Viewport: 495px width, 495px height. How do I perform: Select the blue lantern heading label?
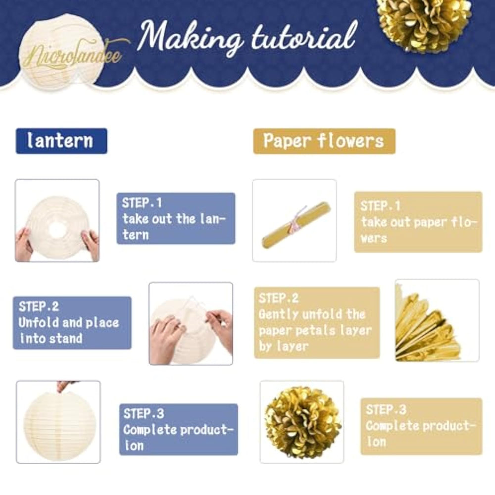61,141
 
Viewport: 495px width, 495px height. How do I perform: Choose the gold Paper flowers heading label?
324,141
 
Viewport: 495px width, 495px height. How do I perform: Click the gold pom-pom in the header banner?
425,23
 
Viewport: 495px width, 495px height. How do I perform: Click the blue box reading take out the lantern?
176,218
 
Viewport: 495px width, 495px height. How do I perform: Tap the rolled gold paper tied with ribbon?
296,225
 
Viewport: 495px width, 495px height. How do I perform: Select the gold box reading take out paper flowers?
418,222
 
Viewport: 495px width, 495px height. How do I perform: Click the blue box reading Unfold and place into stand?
72,323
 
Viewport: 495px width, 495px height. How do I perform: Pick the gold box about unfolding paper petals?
317,323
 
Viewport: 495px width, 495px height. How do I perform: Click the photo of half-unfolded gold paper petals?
437,320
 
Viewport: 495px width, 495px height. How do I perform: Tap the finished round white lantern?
57,424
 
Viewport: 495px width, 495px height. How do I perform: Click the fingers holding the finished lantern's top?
66,386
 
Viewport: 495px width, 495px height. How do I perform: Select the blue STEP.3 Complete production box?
179,429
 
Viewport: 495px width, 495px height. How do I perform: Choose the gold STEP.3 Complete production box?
421,426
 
